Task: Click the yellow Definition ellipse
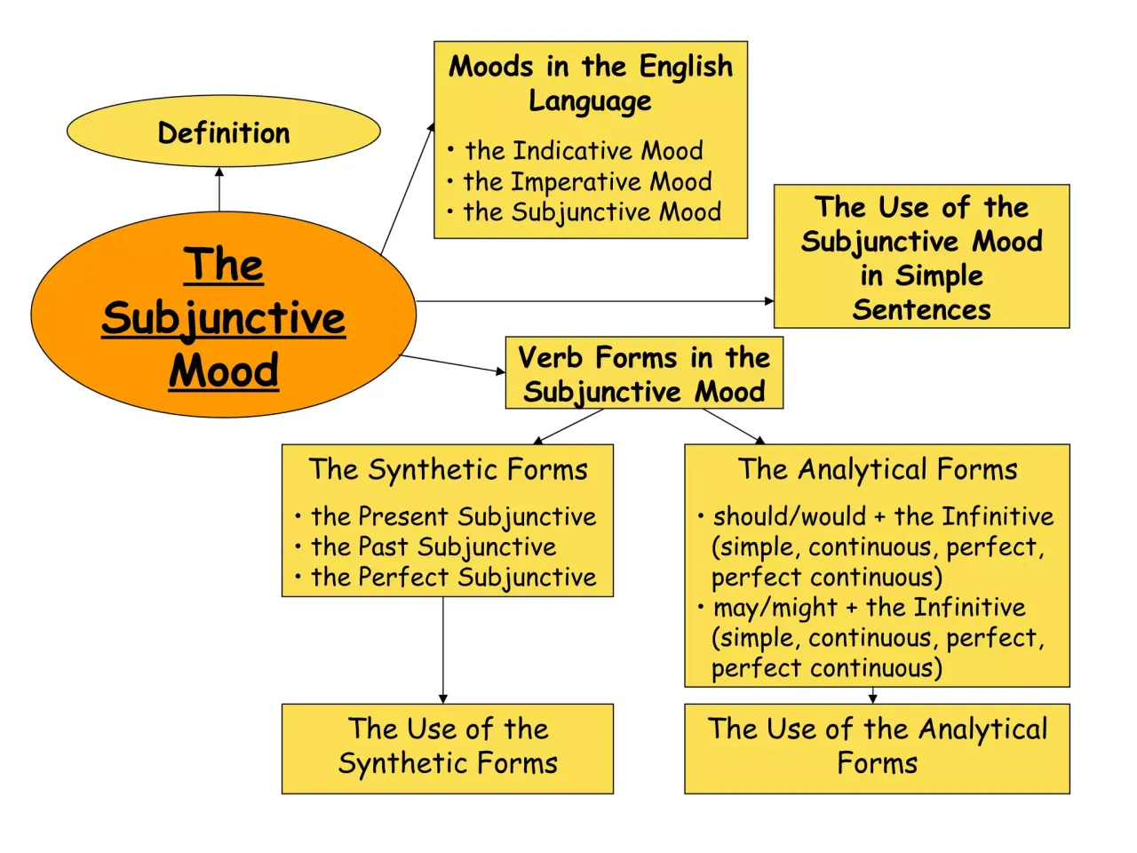[x=224, y=132]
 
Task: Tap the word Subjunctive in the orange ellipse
[x=224, y=318]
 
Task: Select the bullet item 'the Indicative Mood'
[x=584, y=150]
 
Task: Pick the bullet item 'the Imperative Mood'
[x=587, y=181]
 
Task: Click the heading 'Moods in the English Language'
[x=591, y=83]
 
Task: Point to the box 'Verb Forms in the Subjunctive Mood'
[x=644, y=373]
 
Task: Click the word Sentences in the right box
[x=921, y=309]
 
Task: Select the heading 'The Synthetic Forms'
[x=448, y=468]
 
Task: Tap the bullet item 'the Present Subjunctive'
[x=453, y=516]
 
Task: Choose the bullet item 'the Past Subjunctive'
[x=433, y=546]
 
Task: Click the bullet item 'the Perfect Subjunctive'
[x=453, y=577]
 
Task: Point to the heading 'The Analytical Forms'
[x=878, y=468]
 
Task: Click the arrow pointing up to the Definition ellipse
[x=219, y=188]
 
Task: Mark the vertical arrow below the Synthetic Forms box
[x=443, y=650]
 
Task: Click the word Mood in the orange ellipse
[x=224, y=371]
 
